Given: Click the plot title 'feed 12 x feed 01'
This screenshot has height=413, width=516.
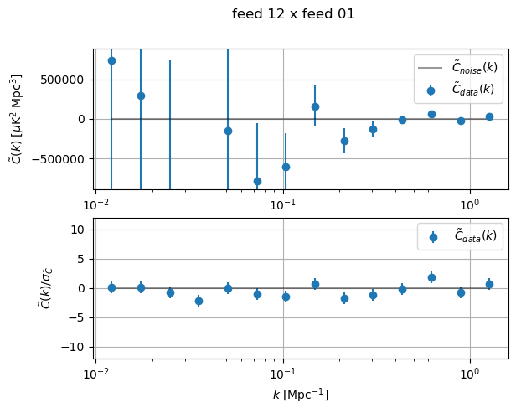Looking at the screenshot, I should point(293,13).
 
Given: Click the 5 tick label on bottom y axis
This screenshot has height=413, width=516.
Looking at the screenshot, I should point(84,259).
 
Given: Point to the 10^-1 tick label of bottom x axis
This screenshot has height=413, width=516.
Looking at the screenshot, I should point(283,373).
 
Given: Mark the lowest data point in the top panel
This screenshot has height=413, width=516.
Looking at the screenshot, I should point(257,181).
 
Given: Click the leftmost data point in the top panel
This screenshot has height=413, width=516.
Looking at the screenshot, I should point(111,60).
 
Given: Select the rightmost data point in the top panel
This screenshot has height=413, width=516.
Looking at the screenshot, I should point(489,116).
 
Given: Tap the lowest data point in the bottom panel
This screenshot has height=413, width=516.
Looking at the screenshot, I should point(199,301).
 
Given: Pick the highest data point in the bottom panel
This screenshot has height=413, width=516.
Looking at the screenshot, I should point(431,277).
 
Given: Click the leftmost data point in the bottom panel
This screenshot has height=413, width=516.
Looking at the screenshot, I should point(111,287).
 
